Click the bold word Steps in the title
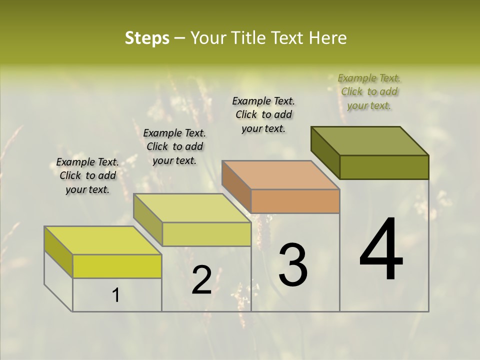147,38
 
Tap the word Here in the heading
328,38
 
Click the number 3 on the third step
293,264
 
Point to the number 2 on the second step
201,280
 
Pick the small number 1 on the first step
116,295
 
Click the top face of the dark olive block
370,140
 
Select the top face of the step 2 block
192,208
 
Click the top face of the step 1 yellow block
103,240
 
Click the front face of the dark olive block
384,167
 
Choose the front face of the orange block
295,201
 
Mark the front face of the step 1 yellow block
117,266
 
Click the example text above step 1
87,176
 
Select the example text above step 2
174,147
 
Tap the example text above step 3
263,114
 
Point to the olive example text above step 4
369,91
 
